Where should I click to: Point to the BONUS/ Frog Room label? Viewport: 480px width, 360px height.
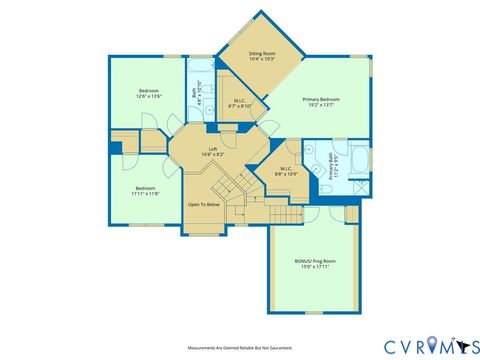pyautogui.click(x=315, y=261)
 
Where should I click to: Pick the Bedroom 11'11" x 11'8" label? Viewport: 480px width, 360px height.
pyautogui.click(x=146, y=190)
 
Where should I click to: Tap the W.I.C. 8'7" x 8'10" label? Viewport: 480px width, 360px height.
pyautogui.click(x=241, y=102)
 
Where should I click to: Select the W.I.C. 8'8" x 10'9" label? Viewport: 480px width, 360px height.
pyautogui.click(x=287, y=172)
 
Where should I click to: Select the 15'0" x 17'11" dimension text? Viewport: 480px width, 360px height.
pyautogui.click(x=315, y=266)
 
